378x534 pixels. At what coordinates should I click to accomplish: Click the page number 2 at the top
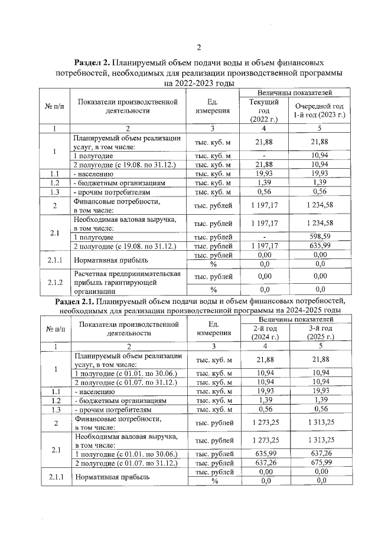[x=198, y=47]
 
